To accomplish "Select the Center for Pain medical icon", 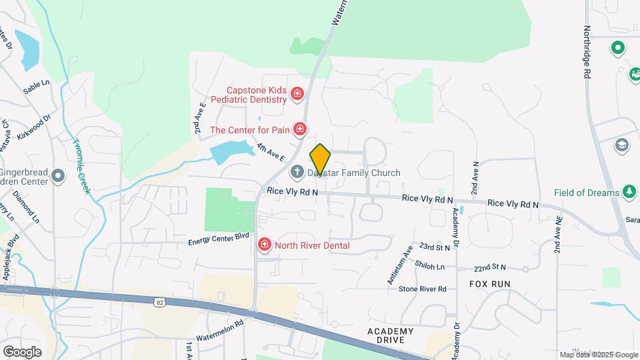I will coord(301,128).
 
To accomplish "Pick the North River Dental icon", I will coord(265,245).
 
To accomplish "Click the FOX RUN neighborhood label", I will coord(489,283).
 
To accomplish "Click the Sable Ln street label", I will coord(37,87).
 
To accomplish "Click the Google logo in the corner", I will coord(22,352).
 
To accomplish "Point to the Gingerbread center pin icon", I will coord(59,176).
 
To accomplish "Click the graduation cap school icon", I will coord(621,145).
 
